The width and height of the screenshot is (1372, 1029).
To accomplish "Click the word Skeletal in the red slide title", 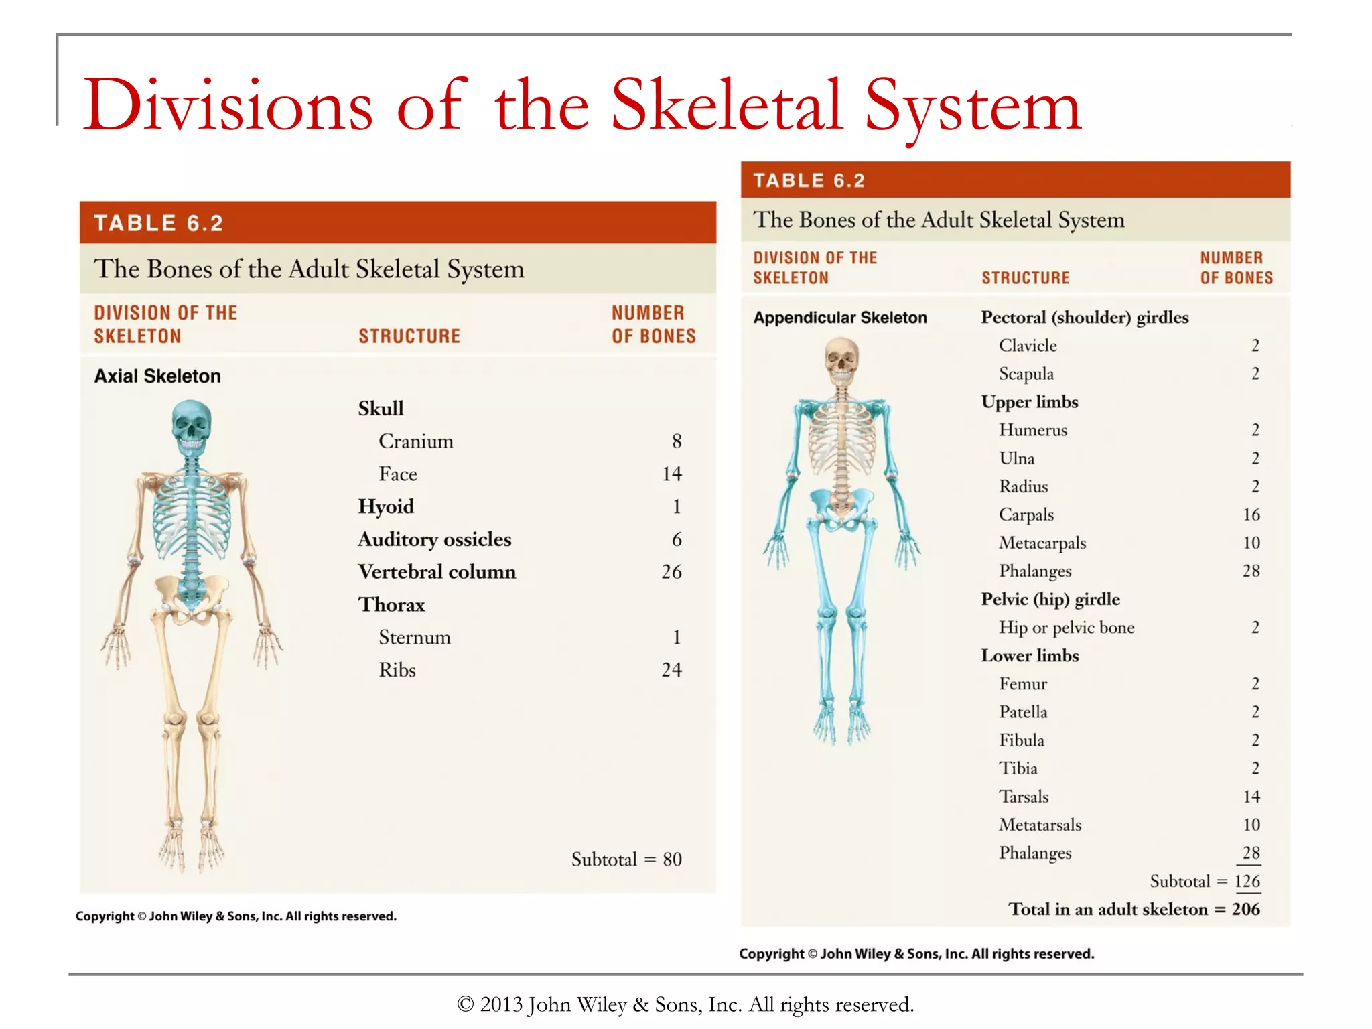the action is pyautogui.click(x=726, y=106).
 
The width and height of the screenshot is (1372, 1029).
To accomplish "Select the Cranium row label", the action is pyautogui.click(x=415, y=441).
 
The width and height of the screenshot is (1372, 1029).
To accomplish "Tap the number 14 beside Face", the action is pyautogui.click(x=671, y=474).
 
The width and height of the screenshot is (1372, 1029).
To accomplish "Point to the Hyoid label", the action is pyautogui.click(x=386, y=506).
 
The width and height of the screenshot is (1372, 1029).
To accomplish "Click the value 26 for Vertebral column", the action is pyautogui.click(x=671, y=572).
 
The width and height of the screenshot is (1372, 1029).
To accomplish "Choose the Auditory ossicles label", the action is pyautogui.click(x=434, y=539).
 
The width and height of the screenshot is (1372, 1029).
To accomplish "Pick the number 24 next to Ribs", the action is pyautogui.click(x=671, y=670).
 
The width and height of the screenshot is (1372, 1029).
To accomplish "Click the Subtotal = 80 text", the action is pyautogui.click(x=626, y=860).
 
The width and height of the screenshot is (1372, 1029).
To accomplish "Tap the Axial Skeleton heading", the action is pyautogui.click(x=157, y=376).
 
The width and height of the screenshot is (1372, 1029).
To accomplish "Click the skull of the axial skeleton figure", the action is pyautogui.click(x=192, y=425).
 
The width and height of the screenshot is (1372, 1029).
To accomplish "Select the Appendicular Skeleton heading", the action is pyautogui.click(x=840, y=318).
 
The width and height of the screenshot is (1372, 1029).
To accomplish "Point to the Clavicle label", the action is pyautogui.click(x=1028, y=346).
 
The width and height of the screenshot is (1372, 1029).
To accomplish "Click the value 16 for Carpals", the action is pyautogui.click(x=1251, y=515).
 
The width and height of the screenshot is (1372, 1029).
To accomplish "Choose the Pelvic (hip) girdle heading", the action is pyautogui.click(x=1050, y=600).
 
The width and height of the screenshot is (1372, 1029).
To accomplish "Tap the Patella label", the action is pyautogui.click(x=1023, y=712).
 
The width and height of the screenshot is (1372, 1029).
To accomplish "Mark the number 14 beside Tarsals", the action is pyautogui.click(x=1251, y=797).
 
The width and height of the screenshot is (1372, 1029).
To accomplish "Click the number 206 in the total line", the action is pyautogui.click(x=1245, y=910).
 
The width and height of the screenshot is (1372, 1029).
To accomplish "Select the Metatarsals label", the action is pyautogui.click(x=1040, y=825).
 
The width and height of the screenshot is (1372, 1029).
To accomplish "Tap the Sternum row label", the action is pyautogui.click(x=414, y=638).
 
